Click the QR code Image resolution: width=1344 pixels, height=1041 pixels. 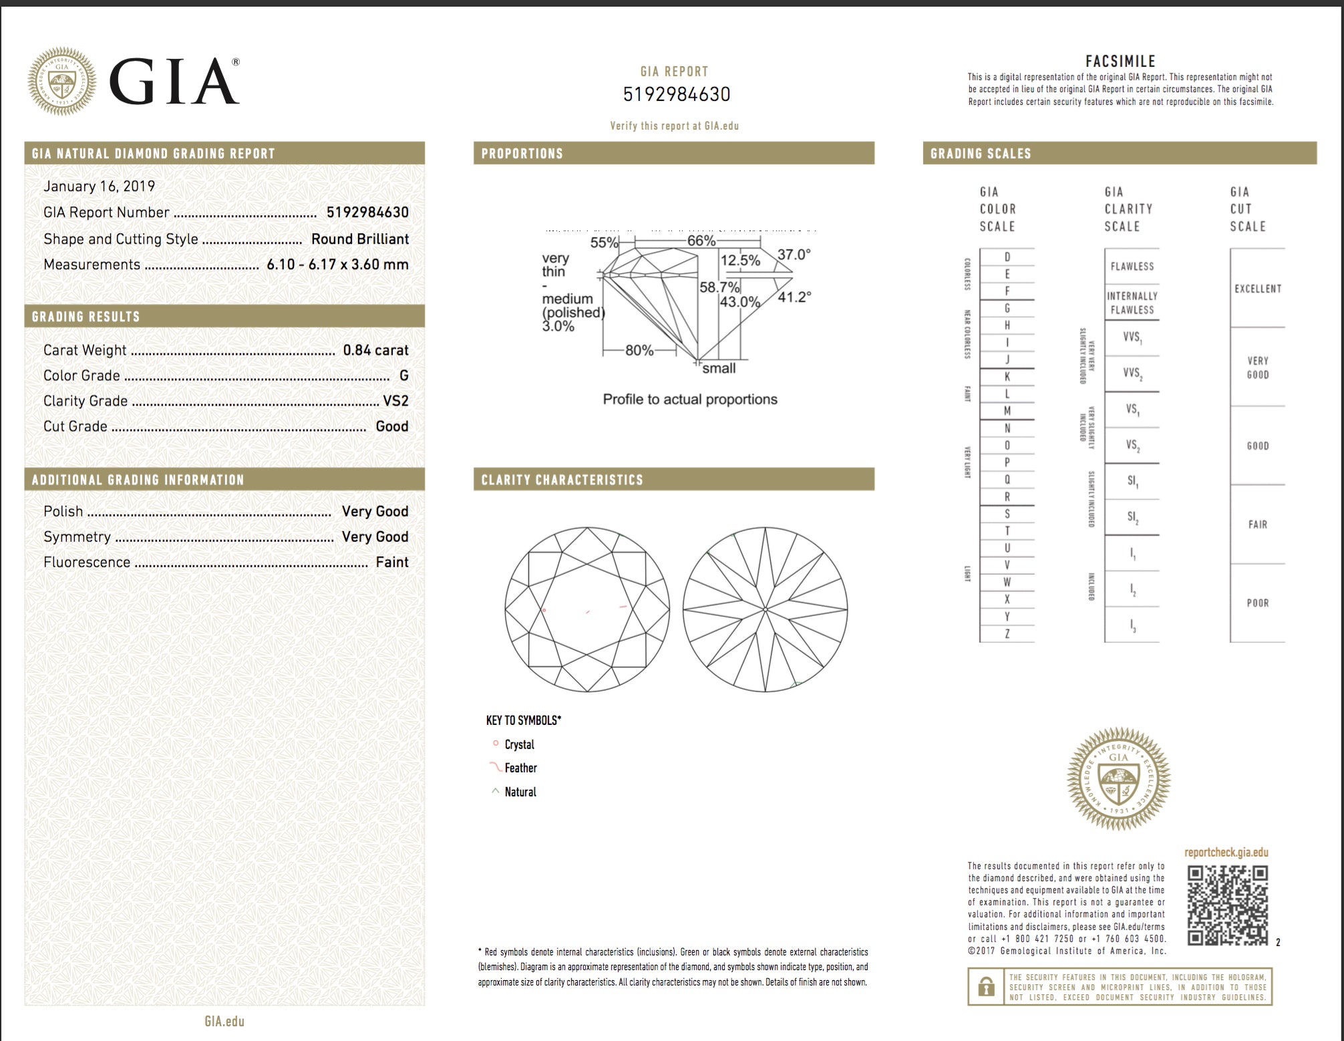[1228, 905]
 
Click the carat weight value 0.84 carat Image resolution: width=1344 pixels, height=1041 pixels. [375, 350]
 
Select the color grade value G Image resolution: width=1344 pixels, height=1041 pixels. [403, 376]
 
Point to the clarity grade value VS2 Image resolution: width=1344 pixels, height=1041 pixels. [395, 401]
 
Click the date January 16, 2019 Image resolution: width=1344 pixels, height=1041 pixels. [99, 186]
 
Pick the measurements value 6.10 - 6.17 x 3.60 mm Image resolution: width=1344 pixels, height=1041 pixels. [337, 265]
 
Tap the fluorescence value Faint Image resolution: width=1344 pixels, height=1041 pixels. [392, 563]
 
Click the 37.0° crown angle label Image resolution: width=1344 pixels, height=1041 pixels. [794, 255]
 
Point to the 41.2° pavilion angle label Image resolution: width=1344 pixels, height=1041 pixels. [794, 297]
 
